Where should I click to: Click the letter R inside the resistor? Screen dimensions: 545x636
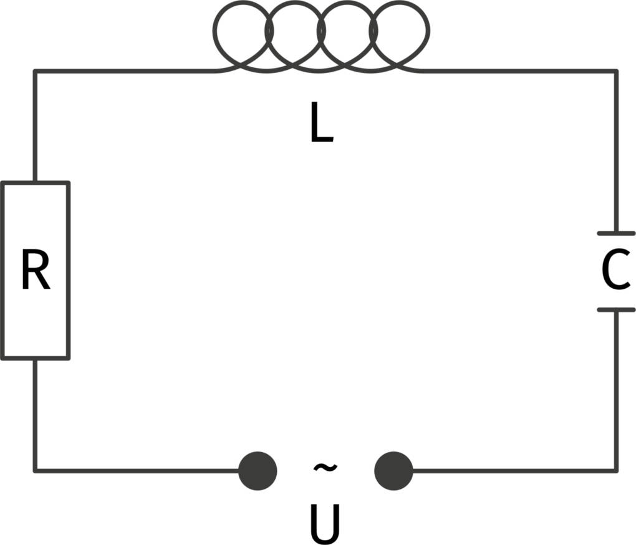pos(35,271)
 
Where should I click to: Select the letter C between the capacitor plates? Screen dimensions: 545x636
pos(615,272)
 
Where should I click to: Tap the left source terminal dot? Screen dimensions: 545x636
pos(258,471)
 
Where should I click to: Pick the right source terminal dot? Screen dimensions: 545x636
pos(393,471)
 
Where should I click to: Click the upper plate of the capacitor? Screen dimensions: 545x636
pos(616,233)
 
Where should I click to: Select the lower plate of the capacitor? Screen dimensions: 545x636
pos(616,309)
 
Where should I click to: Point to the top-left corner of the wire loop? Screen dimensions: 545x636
pos(35,71)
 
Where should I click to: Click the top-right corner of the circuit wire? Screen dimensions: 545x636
pos(616,71)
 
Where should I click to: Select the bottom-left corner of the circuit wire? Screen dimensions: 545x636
pos(35,470)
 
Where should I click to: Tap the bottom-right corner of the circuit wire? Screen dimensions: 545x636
pos(616,470)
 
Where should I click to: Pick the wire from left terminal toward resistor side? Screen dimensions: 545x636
pos(137,470)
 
